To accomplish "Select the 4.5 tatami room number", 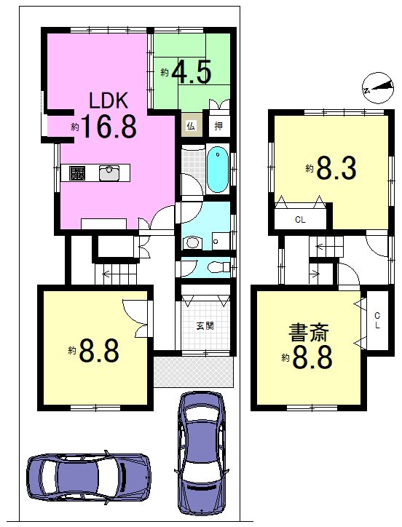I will coord(192,73).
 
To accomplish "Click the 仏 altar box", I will coord(190,124).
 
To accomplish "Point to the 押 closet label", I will coord(217,124).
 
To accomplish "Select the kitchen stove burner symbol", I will coord(78,173).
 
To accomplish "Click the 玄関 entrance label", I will coord(206,326).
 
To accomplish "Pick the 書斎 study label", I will coord(308,334).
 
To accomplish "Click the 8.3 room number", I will coord(335,169).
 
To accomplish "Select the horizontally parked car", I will coord(88,477).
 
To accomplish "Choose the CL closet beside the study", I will coord(377,321).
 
